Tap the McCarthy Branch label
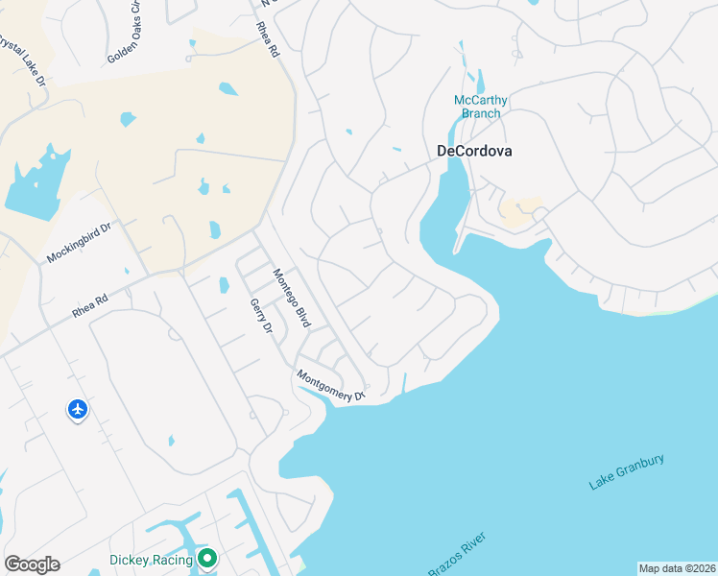(480, 107)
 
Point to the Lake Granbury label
(627, 473)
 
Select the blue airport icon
(78, 410)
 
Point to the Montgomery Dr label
(331, 386)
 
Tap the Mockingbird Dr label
(79, 244)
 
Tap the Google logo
(32, 564)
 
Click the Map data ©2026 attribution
(676, 568)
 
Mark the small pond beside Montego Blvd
(224, 285)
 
